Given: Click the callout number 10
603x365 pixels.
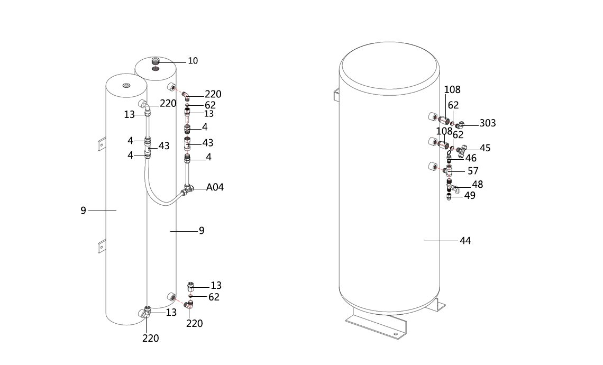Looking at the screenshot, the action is point(193,61).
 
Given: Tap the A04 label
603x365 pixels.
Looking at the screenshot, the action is point(215,187).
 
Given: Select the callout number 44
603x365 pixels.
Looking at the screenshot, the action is point(465,241).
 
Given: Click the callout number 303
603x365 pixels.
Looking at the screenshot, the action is point(488,123).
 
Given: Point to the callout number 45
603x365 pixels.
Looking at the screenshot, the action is point(486,148).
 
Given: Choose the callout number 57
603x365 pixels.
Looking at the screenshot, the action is point(473,171).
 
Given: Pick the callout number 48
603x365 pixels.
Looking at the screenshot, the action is point(478,185).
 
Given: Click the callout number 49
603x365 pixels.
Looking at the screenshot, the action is point(470,196).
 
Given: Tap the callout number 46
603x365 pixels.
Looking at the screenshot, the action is point(471,159).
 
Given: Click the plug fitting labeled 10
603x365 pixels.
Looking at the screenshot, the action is point(156,61).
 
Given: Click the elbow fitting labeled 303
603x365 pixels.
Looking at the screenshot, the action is point(459,125).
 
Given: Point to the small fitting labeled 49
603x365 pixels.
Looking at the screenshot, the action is point(449,197).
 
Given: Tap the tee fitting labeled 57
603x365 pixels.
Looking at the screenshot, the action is point(447,170).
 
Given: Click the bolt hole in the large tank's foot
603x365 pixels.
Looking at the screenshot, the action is point(395,334).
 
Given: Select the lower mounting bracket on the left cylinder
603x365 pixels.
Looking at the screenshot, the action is point(102,245).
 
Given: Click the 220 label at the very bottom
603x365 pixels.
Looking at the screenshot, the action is point(151,339).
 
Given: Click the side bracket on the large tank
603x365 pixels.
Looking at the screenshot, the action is point(336,94).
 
